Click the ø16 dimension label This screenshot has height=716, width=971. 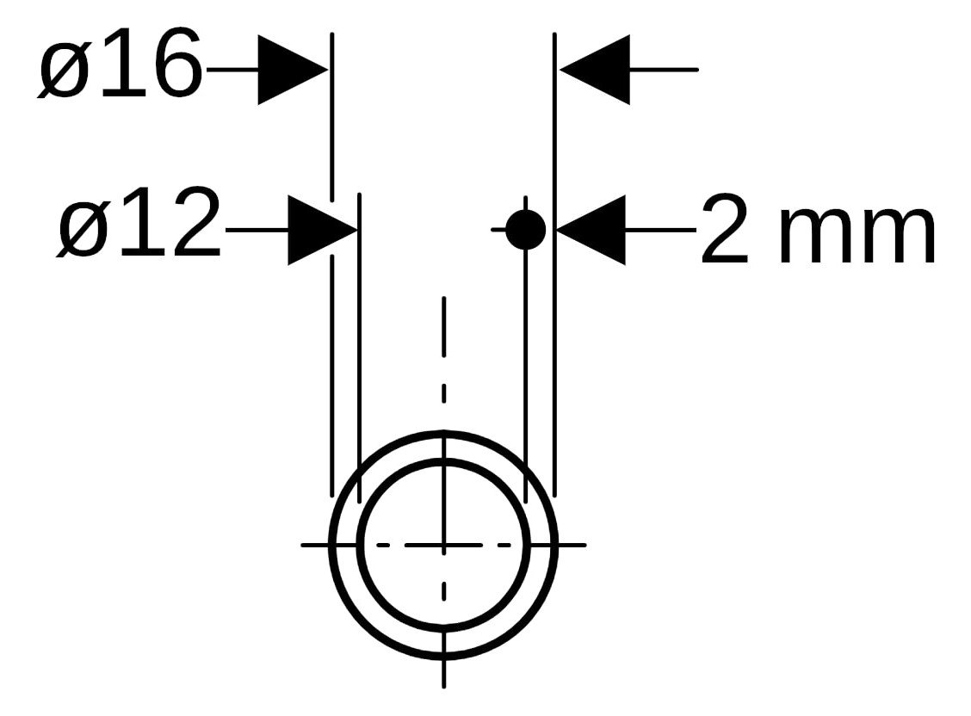pos(120,65)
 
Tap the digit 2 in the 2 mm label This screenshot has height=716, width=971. pos(728,231)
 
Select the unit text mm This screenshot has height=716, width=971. pos(856,238)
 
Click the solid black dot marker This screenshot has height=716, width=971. pos(525,230)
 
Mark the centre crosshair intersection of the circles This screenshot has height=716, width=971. pos(443,545)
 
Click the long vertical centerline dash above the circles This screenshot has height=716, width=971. pos(443,327)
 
